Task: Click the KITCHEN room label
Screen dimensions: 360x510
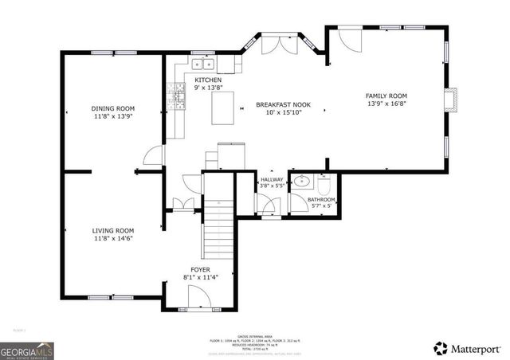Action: click(208, 80)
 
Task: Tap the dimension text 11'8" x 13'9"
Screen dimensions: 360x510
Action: click(112, 116)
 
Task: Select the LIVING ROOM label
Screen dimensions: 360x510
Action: click(112, 229)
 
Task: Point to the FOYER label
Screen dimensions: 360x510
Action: click(200, 270)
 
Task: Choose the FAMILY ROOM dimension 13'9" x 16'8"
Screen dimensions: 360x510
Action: click(386, 104)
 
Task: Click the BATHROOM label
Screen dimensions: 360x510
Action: click(322, 199)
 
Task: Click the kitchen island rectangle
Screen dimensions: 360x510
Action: click(223, 108)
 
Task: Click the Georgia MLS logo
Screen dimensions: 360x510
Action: click(25, 348)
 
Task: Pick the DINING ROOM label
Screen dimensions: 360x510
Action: click(112, 108)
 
